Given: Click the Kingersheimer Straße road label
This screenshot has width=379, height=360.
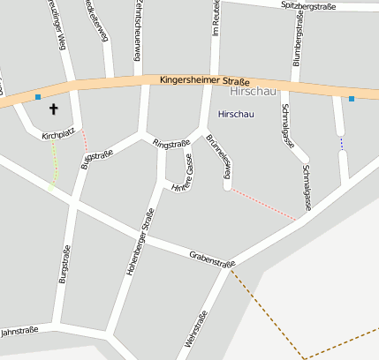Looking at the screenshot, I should click(x=205, y=79).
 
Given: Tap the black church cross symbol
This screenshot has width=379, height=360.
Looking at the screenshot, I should click(x=53, y=109).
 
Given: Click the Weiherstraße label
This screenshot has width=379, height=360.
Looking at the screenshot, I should click(x=197, y=334).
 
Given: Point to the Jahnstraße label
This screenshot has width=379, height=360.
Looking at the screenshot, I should click(x=19, y=332).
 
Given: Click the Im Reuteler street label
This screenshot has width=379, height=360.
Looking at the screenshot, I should click(x=216, y=18).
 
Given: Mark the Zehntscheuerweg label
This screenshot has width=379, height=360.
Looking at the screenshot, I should click(x=139, y=30).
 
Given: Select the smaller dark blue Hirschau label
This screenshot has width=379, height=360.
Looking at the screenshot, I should click(x=235, y=115).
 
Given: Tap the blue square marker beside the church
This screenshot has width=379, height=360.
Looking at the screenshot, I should click(x=37, y=96).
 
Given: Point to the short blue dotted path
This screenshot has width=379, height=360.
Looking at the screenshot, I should click(x=341, y=142).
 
